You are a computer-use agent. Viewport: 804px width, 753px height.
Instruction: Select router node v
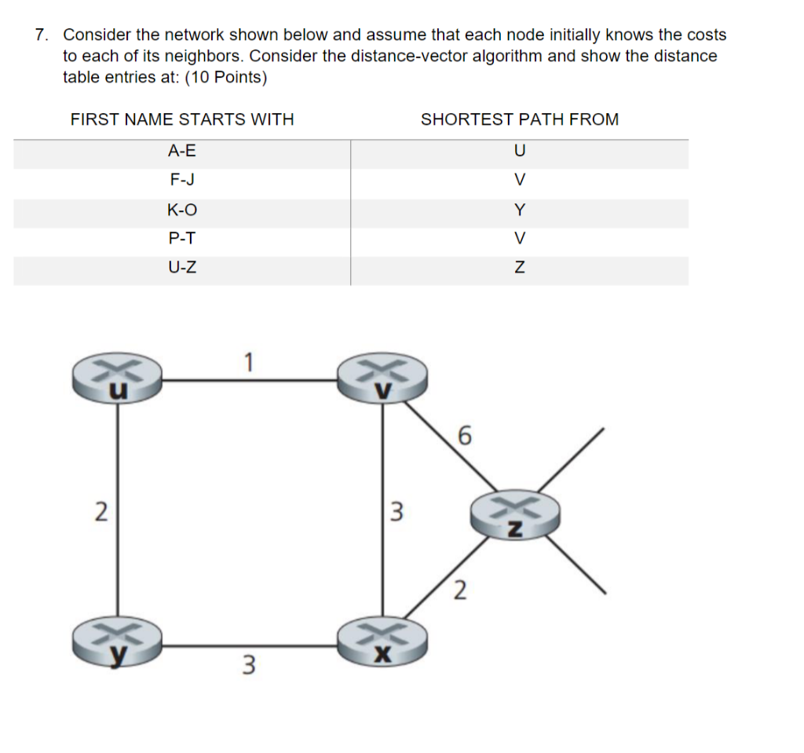coord(382,378)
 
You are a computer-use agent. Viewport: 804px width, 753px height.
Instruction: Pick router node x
coord(382,642)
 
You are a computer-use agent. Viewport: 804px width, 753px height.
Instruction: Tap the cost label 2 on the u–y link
coord(100,511)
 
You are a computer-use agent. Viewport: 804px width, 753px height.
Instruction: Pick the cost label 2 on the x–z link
coord(460,589)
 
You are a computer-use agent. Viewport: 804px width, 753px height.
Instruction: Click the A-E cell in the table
coord(182,149)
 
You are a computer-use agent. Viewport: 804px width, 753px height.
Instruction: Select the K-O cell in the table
coord(182,209)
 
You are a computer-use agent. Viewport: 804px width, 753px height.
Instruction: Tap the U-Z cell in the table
coord(182,268)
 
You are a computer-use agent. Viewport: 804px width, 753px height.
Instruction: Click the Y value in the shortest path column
coord(519,209)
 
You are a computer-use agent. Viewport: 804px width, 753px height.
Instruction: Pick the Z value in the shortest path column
coord(519,268)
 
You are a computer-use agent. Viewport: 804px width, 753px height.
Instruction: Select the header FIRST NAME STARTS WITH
coord(182,119)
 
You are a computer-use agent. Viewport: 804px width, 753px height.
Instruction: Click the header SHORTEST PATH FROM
coord(520,119)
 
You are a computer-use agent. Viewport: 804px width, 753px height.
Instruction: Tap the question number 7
coord(41,35)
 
